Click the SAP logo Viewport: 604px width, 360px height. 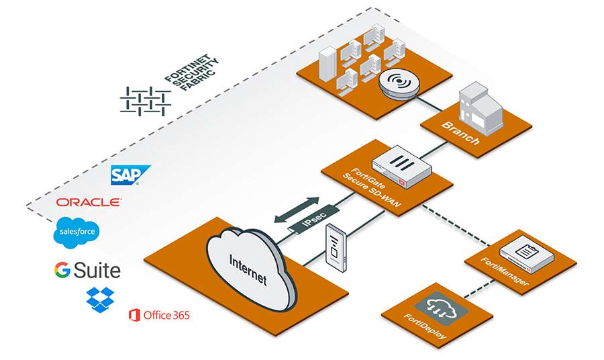pos(130,175)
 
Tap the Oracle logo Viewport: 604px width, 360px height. pos(89,202)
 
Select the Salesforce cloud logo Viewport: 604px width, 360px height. pos(77,232)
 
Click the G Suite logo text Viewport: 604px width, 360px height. pos(87,270)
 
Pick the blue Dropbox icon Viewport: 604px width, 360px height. pos(100,300)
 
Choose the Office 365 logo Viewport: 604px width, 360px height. pos(159,315)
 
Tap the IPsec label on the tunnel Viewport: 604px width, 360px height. pos(314,220)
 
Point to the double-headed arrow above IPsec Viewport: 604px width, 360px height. pos(297,210)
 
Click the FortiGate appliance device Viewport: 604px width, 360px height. pos(401,166)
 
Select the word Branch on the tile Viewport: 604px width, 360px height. pos(460,133)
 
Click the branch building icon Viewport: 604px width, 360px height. pos(481,108)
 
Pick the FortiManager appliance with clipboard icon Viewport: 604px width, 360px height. pos(527,255)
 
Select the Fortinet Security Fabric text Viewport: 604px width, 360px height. pos(191,72)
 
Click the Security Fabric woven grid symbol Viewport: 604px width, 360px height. pos(146,101)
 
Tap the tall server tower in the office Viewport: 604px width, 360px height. pos(328,64)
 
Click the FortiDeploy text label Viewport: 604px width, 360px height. pos(425,326)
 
